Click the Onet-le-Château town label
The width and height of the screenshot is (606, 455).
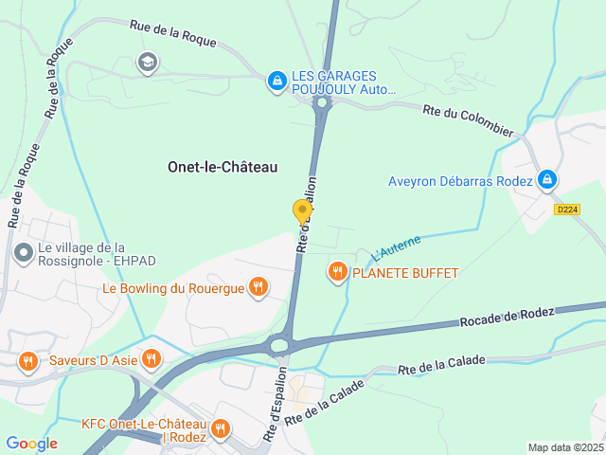pyautogui.click(x=223, y=167)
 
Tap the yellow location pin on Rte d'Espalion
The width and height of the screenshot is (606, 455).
pyautogui.click(x=302, y=211)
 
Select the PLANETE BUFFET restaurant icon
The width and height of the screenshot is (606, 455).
pyautogui.click(x=337, y=273)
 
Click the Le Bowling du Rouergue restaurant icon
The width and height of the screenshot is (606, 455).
pyautogui.click(x=258, y=287)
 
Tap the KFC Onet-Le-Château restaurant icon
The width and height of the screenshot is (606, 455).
pyautogui.click(x=220, y=428)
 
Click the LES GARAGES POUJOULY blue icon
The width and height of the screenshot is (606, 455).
pyautogui.click(x=276, y=82)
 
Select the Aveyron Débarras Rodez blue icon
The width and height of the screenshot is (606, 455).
pyautogui.click(x=546, y=180)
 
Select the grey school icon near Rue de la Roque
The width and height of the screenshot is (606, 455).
pyautogui.click(x=147, y=64)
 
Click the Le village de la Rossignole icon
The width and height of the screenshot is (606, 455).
pyautogui.click(x=23, y=253)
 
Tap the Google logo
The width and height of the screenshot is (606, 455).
pyautogui.click(x=31, y=443)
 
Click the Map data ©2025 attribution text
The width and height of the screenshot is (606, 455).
pyautogui.click(x=564, y=447)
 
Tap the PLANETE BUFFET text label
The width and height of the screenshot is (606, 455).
pyautogui.click(x=404, y=273)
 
